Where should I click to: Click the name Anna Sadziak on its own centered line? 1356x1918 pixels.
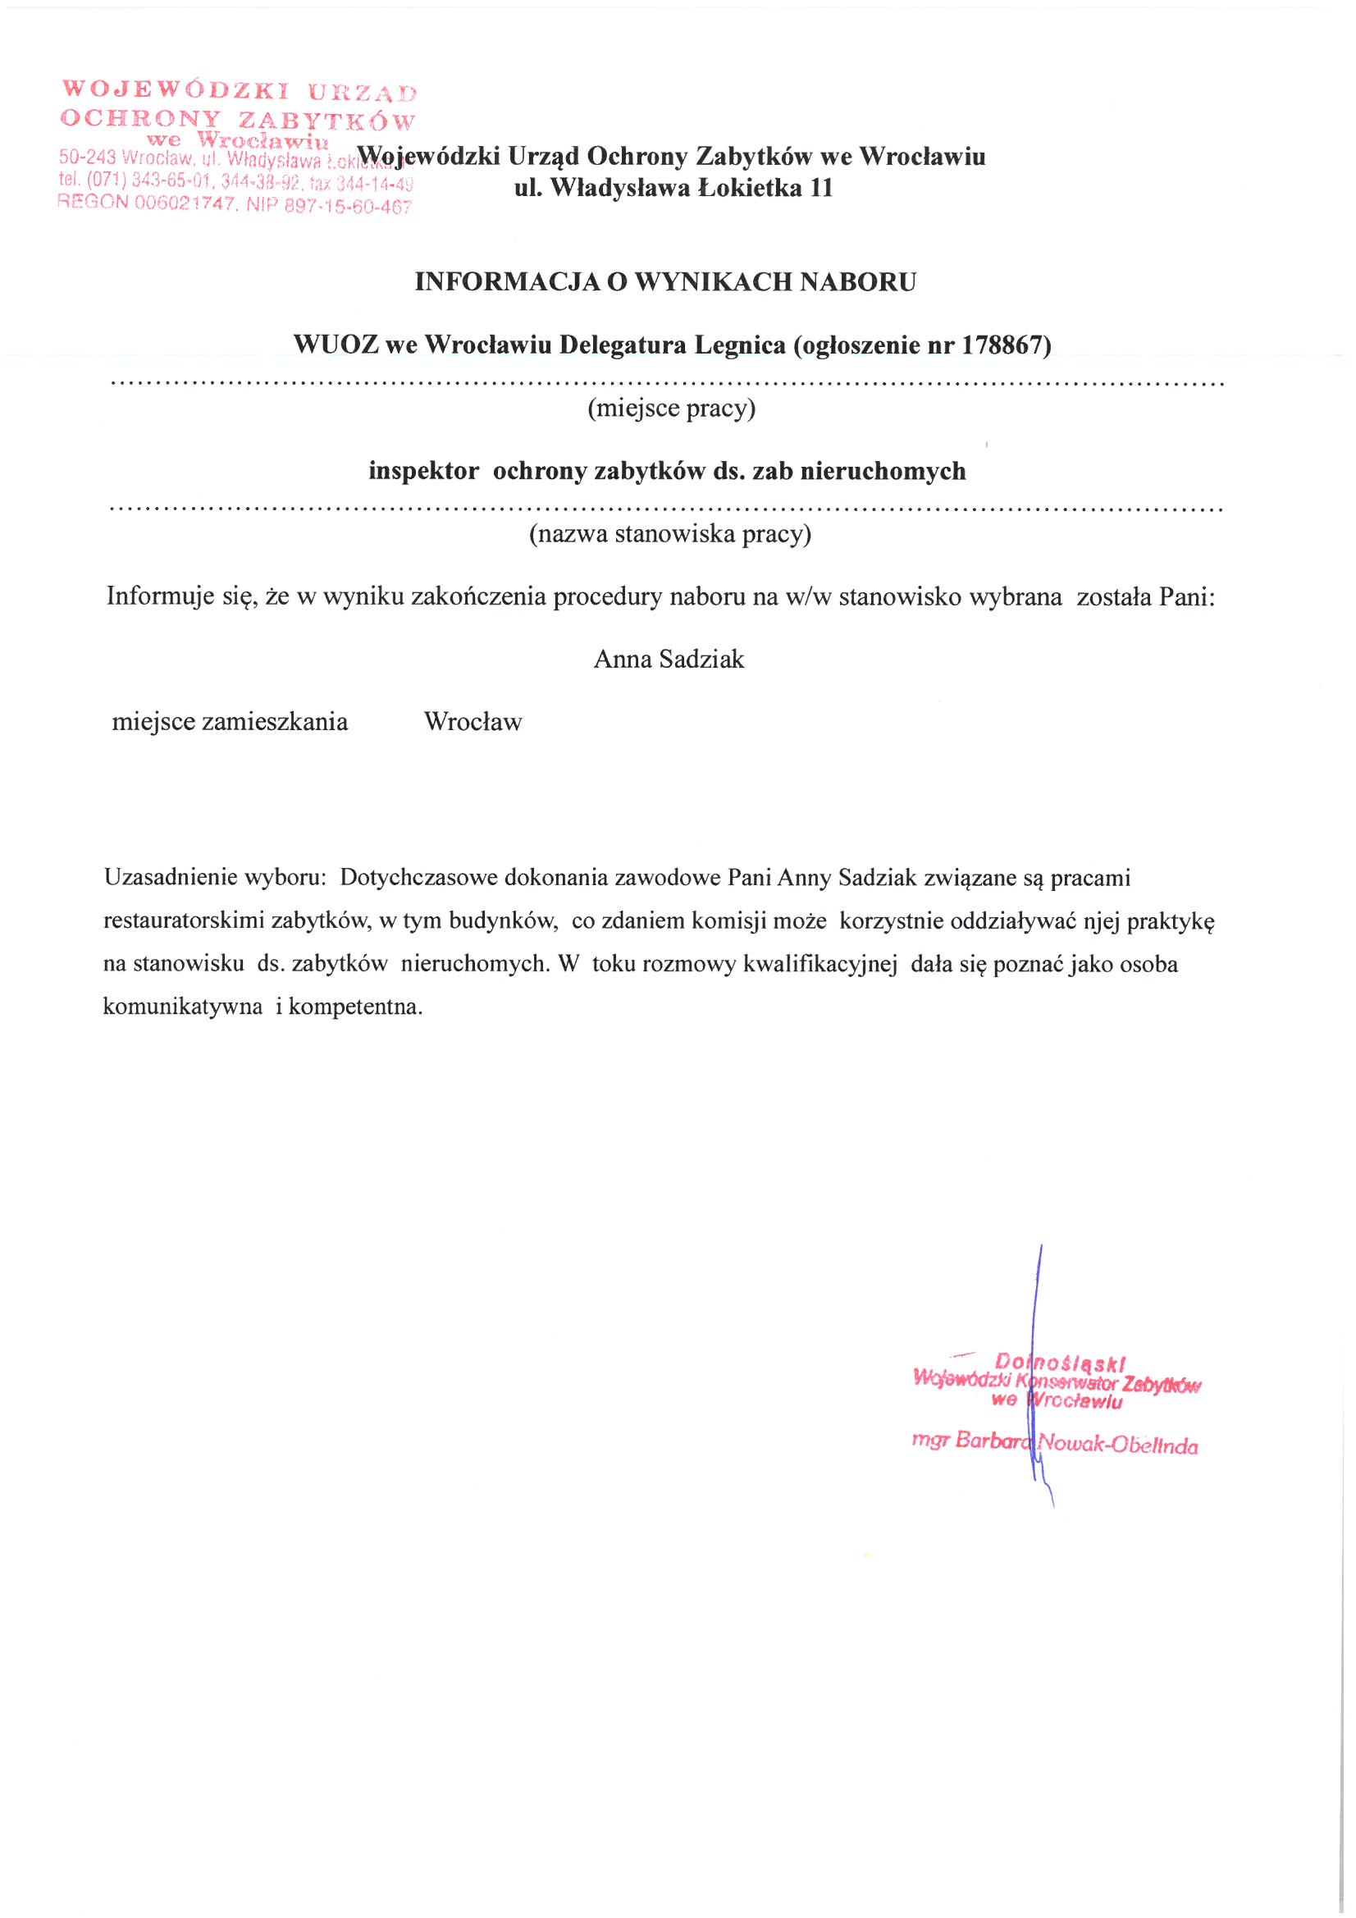[669, 660]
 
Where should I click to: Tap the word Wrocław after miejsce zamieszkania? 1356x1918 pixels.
[473, 722]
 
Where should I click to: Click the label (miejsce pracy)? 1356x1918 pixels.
[672, 409]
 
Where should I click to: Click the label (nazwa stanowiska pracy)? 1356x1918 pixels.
[670, 534]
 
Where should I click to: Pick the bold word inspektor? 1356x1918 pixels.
[423, 472]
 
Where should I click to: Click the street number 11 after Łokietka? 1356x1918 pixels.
[820, 188]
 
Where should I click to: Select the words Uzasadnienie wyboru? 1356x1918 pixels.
[215, 878]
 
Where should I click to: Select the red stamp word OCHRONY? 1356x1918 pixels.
[140, 118]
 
